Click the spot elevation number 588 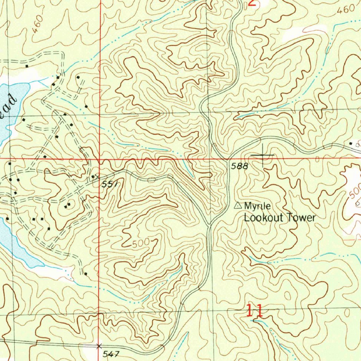pos(240,166)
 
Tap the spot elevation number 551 pos(109,184)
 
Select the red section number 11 pos(254,311)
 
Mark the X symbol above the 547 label pos(99,346)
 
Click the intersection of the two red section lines pos(100,159)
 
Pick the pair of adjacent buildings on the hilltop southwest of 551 pos(67,206)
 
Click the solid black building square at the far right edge pos(351,143)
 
